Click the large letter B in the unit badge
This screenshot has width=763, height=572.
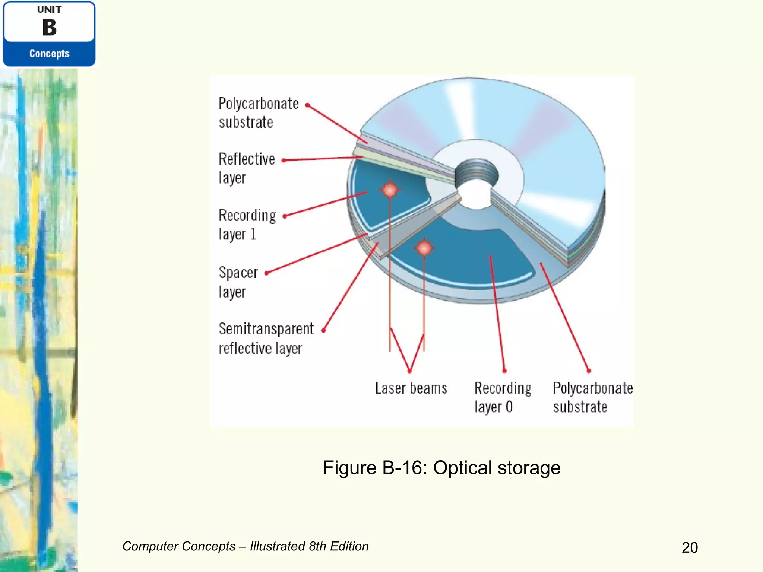49,28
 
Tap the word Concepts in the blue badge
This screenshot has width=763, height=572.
49,54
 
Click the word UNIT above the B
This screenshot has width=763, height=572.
49,10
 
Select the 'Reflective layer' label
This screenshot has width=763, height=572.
246,168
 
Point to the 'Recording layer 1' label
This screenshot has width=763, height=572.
247,225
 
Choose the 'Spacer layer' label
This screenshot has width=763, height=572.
238,282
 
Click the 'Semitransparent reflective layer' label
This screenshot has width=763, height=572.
266,339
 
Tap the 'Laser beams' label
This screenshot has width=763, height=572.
411,388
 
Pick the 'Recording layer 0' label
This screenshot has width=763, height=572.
503,397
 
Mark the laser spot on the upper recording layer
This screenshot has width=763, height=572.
390,190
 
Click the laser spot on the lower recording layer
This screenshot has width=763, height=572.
424,247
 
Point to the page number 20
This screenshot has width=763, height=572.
690,547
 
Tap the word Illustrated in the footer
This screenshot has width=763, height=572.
277,546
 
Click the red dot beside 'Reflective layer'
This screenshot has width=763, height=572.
284,161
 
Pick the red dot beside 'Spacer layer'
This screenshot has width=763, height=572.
267,273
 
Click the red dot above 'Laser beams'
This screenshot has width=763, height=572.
409,371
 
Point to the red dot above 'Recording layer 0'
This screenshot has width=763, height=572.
504,371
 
